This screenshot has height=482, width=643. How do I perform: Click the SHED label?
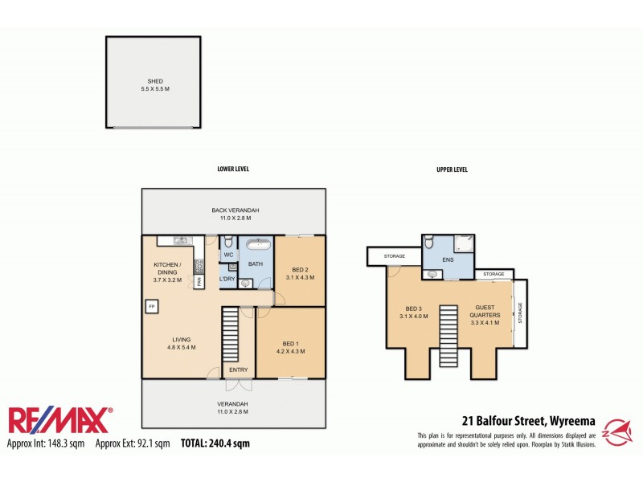[x=154, y=81]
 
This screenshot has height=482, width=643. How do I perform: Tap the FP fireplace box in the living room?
[x=151, y=306]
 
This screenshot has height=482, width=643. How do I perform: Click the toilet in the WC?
[x=228, y=242]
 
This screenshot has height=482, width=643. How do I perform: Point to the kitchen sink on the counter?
[x=180, y=240]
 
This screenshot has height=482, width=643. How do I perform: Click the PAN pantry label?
[x=197, y=282]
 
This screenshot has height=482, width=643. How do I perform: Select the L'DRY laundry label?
[x=228, y=279]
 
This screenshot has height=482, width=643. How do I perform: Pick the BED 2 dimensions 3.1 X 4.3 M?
[x=300, y=277]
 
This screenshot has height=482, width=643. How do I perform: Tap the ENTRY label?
[x=239, y=370]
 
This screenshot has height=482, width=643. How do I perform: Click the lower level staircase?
[x=231, y=333]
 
